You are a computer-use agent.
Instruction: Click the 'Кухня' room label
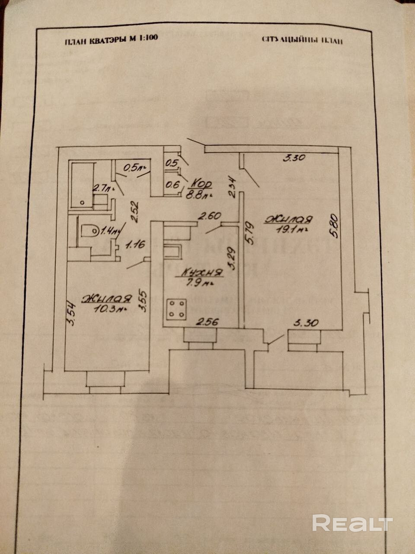coord(202,273)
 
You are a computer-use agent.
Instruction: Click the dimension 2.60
coord(209,215)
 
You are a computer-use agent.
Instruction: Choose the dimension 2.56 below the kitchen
coord(208,322)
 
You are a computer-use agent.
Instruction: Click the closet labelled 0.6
coord(172,185)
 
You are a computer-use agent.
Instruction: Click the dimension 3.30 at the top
coord(294,158)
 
